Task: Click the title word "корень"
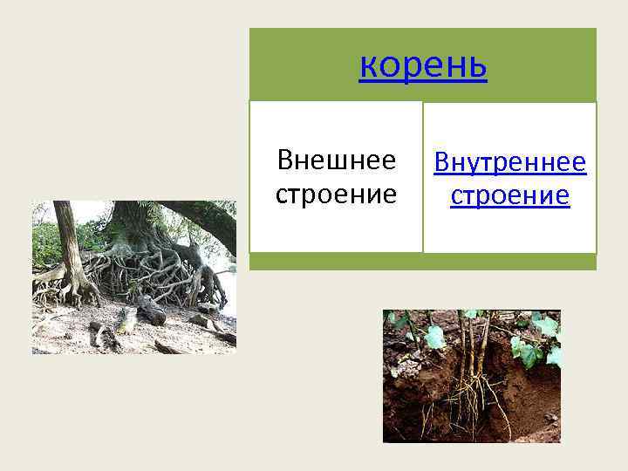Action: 423,66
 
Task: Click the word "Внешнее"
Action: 336,160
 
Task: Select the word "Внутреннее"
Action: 510,162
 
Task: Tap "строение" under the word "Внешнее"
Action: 336,194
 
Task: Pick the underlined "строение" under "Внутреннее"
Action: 510,195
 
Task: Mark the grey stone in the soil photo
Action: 549,417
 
